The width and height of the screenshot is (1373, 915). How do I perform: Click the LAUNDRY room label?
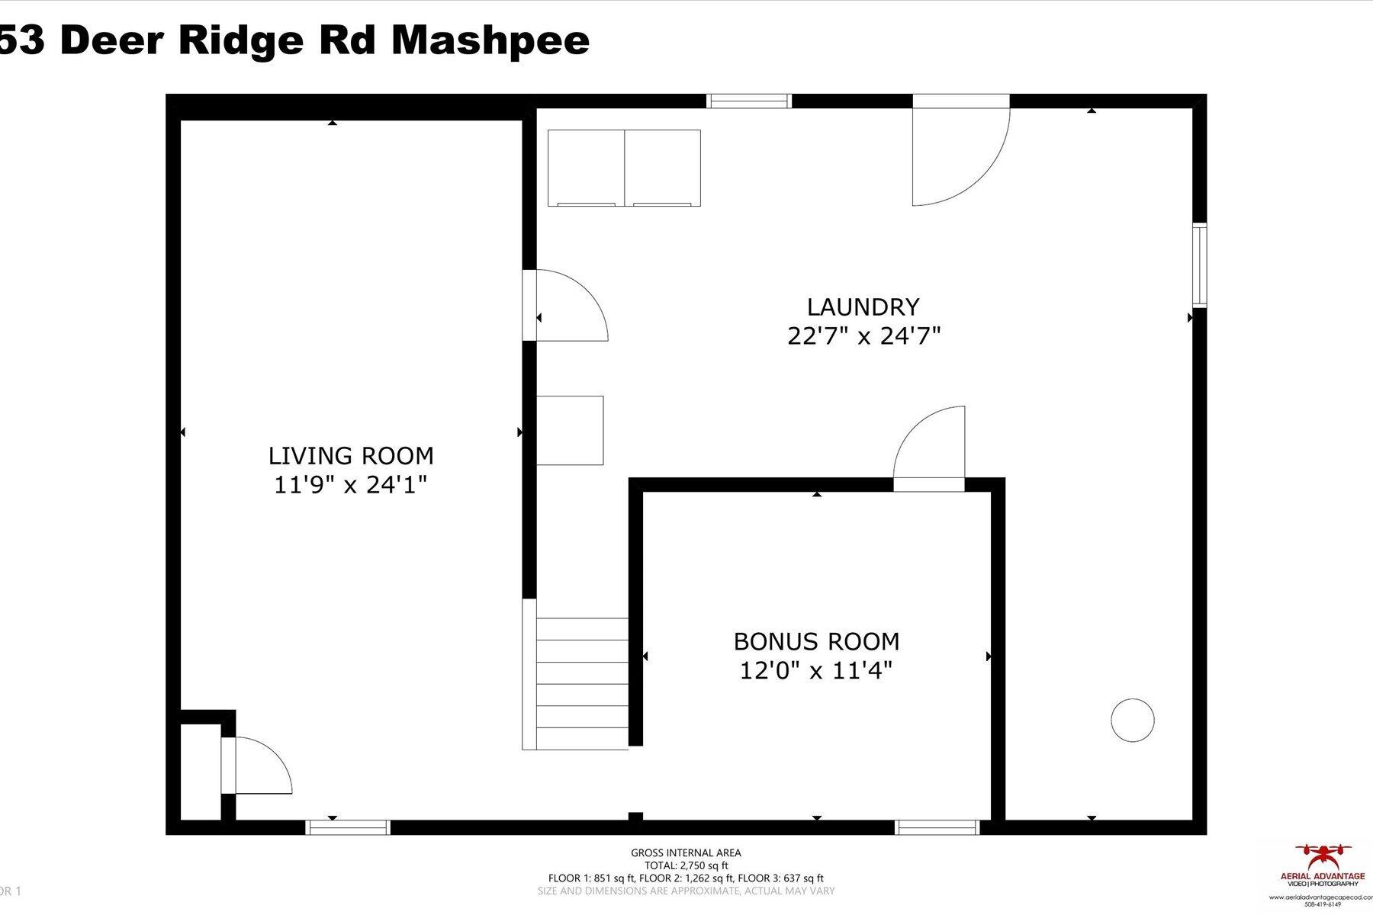point(863,307)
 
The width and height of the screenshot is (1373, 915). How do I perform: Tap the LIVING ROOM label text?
point(350,456)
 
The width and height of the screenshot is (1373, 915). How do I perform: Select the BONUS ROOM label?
point(816,641)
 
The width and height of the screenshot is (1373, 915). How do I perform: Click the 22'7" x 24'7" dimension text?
point(863,336)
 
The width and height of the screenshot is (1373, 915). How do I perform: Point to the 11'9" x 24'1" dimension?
point(350,485)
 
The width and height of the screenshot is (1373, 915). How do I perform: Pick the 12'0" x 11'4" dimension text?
point(816,671)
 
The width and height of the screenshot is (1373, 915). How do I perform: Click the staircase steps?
point(581,683)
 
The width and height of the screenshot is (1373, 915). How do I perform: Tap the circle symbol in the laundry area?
point(1132,720)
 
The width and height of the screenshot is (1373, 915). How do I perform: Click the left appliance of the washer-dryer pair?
point(586,168)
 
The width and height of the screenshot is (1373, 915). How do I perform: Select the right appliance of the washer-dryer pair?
point(662,168)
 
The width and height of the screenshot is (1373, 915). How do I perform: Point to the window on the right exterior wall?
point(1199,265)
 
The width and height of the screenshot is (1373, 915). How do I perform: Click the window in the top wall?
point(748,101)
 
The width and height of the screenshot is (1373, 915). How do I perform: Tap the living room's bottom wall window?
point(348,827)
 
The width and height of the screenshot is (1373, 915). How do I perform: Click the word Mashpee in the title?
point(490,40)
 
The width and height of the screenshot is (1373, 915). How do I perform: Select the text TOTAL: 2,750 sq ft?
point(685,865)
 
